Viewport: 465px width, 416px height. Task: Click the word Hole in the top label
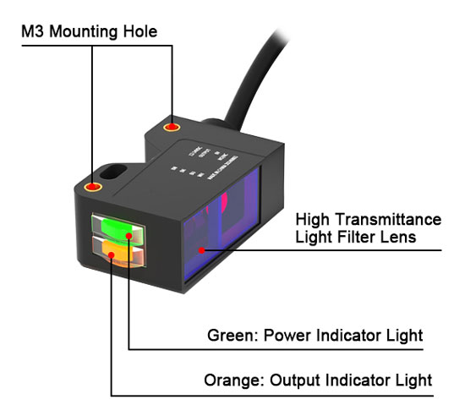[x=140, y=31]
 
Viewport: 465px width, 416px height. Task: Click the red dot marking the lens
[x=200, y=250]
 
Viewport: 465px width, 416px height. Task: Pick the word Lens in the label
[x=398, y=238]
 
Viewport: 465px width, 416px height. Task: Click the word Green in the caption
[x=228, y=336]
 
